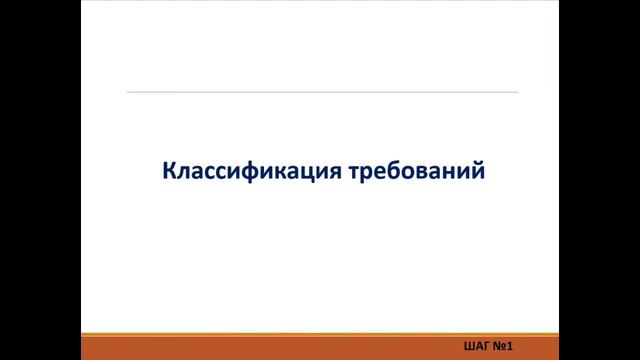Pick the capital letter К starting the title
pyautogui.click(x=168, y=171)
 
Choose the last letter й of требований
pyautogui.click(x=478, y=171)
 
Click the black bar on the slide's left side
pyautogui.click(x=40, y=180)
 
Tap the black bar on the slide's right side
pyautogui.click(x=600, y=180)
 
